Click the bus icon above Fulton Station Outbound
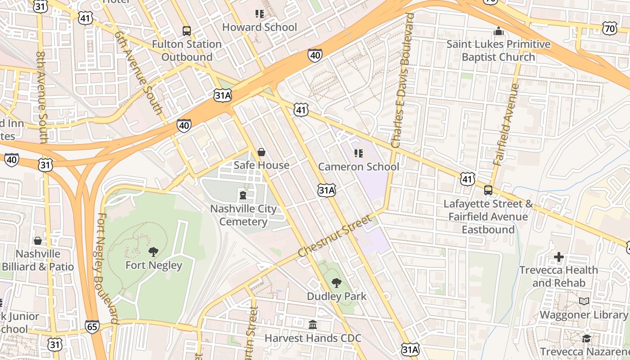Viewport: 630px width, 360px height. [x=186, y=31]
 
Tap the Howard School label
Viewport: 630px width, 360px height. [x=260, y=27]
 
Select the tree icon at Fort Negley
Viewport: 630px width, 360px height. [x=153, y=252]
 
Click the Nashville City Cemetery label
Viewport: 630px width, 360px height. [x=243, y=215]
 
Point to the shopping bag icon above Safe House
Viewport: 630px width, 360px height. [x=261, y=152]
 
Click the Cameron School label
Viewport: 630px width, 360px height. [x=359, y=167]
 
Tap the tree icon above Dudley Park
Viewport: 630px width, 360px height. [x=336, y=283]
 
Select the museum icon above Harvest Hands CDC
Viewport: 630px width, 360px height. [x=313, y=324]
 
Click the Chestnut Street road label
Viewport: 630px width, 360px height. [x=335, y=236]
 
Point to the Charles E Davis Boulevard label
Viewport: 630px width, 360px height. [x=402, y=81]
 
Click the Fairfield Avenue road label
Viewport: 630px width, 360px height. [x=506, y=124]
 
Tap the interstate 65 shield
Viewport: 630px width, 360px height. [x=92, y=327]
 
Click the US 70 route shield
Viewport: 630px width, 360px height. [x=610, y=29]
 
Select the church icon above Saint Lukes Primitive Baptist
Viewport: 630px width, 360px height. [x=498, y=31]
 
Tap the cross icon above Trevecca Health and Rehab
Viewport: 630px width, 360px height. [x=558, y=257]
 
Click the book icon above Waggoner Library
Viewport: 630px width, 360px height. [x=584, y=301]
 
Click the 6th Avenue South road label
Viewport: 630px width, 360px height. [x=138, y=72]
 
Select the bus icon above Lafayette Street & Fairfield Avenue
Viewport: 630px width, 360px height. [x=488, y=190]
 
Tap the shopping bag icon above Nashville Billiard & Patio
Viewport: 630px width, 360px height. [x=38, y=241]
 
